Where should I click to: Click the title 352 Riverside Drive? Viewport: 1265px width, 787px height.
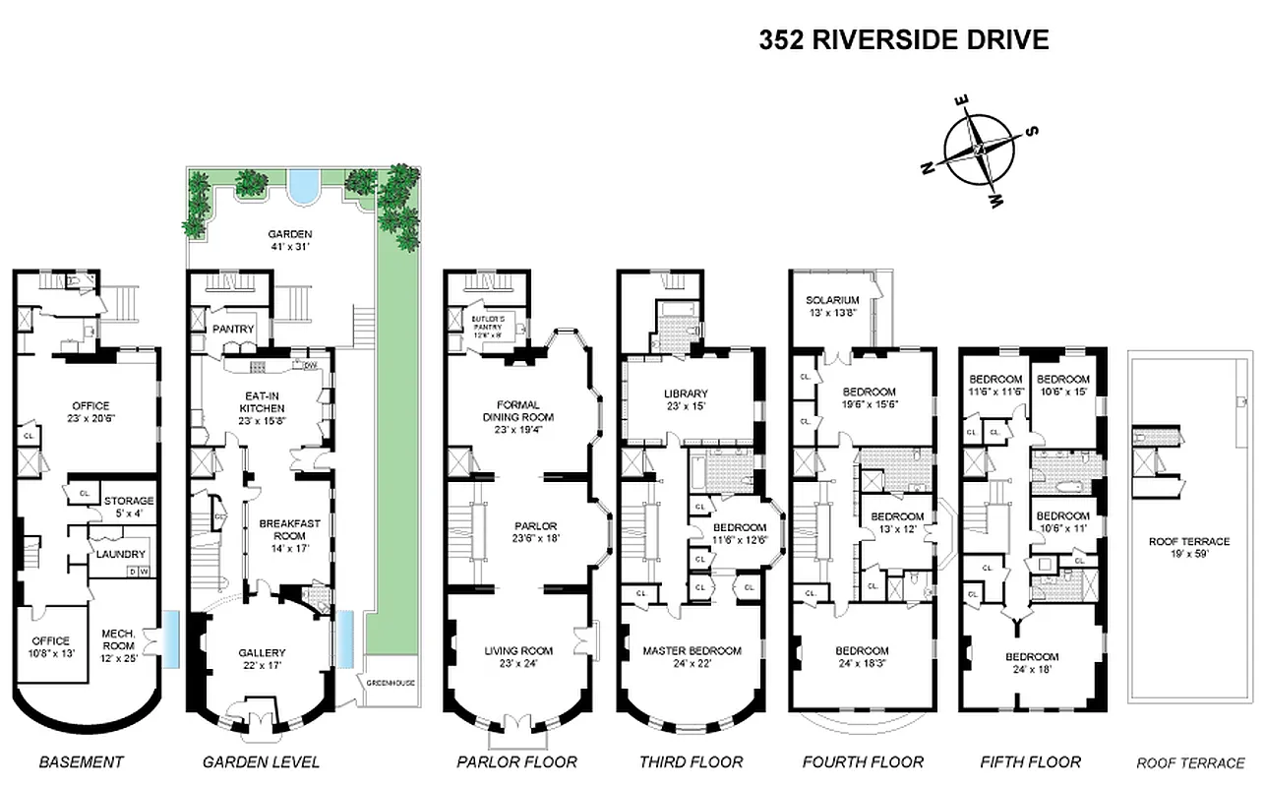point(904,40)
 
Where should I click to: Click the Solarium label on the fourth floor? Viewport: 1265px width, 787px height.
point(832,305)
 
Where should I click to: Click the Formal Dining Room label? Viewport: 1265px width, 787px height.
point(517,416)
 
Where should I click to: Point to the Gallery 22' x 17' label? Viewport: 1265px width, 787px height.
point(262,658)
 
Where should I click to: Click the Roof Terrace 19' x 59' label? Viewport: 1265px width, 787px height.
point(1188,547)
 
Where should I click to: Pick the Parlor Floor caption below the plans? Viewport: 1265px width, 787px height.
point(516,761)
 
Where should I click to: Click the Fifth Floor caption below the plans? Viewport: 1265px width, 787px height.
point(1030,761)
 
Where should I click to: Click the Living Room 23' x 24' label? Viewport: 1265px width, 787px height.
point(517,656)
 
